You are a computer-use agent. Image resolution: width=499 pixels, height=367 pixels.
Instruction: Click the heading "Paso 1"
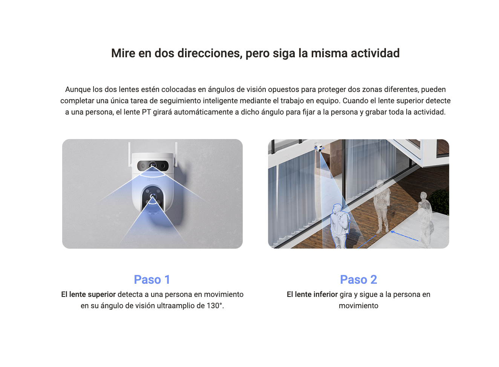[152, 280]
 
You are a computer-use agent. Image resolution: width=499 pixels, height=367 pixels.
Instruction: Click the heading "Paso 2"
[358, 280]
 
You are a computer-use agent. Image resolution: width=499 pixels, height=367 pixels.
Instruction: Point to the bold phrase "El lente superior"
[89, 294]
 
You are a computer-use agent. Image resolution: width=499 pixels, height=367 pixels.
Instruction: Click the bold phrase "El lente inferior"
[312, 294]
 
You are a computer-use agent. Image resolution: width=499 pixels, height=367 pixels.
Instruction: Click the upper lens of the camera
[153, 166]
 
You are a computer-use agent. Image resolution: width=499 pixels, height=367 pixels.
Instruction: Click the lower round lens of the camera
[153, 196]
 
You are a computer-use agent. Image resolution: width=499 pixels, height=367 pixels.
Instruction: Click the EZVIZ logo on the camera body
[153, 179]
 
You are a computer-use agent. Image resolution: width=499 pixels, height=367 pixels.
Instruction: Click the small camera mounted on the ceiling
[320, 147]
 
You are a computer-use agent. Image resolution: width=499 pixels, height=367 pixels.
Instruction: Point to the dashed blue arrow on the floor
[404, 236]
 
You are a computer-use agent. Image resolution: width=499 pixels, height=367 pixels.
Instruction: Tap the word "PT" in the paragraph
[146, 112]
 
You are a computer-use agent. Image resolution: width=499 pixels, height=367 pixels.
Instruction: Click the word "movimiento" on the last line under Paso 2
[358, 306]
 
